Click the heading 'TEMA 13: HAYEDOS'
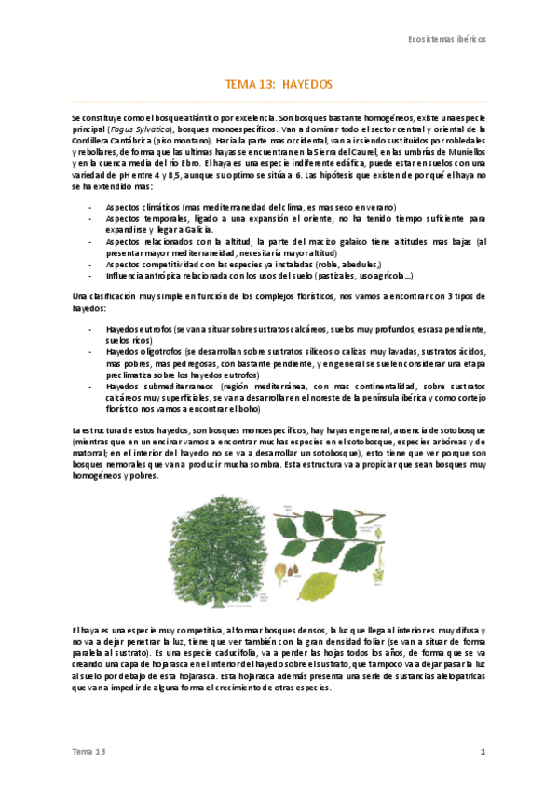coord(279,84)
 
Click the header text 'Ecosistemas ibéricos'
coord(448,40)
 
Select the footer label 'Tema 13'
coord(90,751)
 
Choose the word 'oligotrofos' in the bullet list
coord(159,353)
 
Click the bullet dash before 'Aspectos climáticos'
coord(89,207)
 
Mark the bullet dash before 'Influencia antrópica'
coord(89,275)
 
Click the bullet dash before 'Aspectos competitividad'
coord(89,264)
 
